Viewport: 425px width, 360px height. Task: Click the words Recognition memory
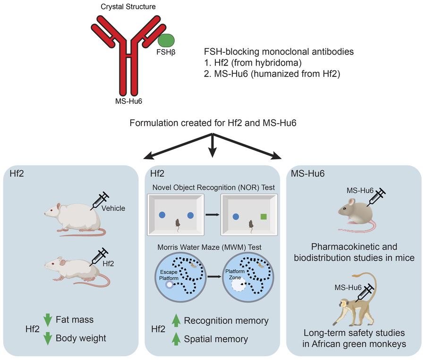[226, 321]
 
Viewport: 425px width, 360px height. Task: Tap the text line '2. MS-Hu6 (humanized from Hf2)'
[271, 74]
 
